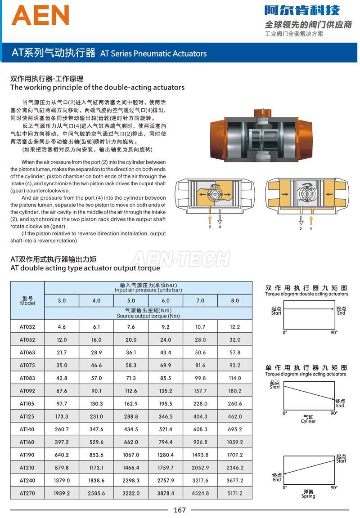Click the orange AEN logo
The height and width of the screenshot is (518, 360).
(x=40, y=15)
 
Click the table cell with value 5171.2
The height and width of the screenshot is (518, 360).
(x=235, y=493)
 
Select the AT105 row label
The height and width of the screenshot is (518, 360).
(x=27, y=404)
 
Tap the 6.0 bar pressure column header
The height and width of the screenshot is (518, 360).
(x=166, y=301)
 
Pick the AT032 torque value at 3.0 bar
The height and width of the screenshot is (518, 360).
(x=62, y=327)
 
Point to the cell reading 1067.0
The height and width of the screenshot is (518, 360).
(x=131, y=455)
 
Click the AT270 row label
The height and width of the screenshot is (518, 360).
(x=27, y=493)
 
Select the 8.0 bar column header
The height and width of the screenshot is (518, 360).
(x=235, y=301)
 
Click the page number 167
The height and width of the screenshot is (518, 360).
(x=180, y=510)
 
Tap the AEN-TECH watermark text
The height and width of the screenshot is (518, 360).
(x=180, y=259)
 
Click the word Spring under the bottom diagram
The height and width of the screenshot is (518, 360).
(x=308, y=496)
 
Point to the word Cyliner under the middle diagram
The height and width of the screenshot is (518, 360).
(x=308, y=421)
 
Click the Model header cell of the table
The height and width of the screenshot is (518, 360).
(x=27, y=301)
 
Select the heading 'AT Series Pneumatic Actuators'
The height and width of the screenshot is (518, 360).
(x=153, y=54)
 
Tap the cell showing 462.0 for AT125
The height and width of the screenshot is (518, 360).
(x=235, y=416)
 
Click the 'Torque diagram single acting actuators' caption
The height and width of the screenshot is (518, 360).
(x=306, y=374)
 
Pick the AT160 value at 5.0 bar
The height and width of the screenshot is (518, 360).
(x=131, y=442)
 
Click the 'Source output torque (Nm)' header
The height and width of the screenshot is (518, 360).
(x=148, y=316)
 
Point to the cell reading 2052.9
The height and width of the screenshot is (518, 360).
(x=200, y=468)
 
